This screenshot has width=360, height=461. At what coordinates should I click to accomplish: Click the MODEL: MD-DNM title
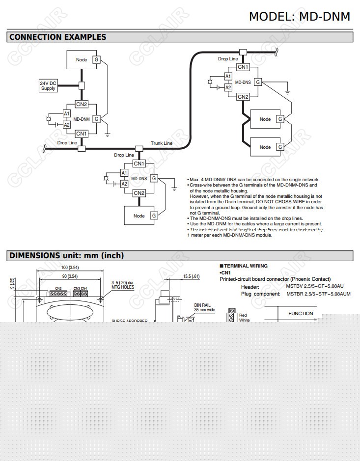coord(299,16)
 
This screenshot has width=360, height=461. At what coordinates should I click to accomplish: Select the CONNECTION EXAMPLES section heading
coord(57,37)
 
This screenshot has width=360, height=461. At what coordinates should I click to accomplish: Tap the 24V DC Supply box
coord(48,85)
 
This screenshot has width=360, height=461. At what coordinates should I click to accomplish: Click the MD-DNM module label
coord(82,119)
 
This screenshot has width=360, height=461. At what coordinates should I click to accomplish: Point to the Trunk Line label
coord(162,143)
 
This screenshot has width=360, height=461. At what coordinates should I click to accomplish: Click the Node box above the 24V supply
coord(82,60)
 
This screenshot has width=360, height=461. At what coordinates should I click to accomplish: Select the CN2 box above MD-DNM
coord(82,104)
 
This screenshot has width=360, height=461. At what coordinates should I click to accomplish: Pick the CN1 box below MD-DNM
coord(82,134)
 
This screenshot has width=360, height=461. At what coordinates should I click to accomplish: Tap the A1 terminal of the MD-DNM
coord(67,113)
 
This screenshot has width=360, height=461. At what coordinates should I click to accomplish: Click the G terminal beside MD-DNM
coord(97,119)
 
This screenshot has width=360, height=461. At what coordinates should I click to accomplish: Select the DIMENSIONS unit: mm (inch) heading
coord(66,255)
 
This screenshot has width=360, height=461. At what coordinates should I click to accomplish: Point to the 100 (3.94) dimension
coord(70,268)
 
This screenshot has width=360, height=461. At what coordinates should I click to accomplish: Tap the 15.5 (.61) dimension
coord(191,276)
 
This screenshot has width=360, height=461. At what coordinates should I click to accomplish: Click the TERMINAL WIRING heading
coord(246,266)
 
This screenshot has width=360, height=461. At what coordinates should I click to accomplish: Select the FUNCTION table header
coord(301,313)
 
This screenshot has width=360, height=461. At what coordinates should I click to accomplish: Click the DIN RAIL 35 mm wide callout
coord(204,307)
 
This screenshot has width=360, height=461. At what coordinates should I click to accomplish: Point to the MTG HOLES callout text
coord(123,287)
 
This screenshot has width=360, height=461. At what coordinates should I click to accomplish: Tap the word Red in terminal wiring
coord(243,315)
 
